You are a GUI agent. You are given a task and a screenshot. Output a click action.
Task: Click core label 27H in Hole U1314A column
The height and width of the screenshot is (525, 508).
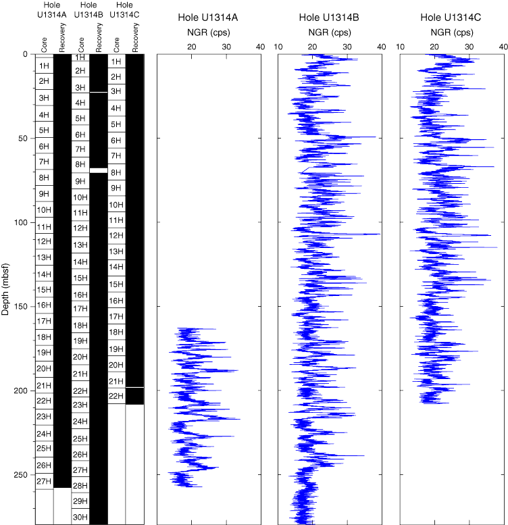pos(44,481)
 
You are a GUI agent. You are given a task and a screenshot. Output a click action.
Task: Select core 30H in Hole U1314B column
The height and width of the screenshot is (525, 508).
pos(80,517)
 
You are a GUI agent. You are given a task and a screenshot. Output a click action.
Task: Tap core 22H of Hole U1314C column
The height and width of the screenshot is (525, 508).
pos(116,396)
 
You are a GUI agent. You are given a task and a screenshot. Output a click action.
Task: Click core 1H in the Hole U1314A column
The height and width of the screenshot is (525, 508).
pos(44,66)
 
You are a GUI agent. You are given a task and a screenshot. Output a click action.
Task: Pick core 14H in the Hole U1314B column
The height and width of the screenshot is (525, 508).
pos(80,261)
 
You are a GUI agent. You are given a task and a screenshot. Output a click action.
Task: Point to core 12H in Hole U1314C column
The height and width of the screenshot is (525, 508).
pos(116,235)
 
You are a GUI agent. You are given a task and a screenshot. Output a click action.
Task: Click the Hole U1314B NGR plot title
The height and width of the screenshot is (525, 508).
pos(330,17)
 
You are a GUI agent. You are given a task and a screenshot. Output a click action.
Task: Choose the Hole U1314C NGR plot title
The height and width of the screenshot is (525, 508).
pos(451,17)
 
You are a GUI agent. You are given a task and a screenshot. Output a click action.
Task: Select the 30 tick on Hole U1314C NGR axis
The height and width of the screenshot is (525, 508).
pos(469,46)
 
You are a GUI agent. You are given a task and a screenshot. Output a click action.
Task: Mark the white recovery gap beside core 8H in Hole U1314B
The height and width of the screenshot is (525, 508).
pos(99,171)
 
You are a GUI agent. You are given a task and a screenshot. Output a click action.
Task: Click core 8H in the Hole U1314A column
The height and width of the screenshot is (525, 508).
pos(44,178)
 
